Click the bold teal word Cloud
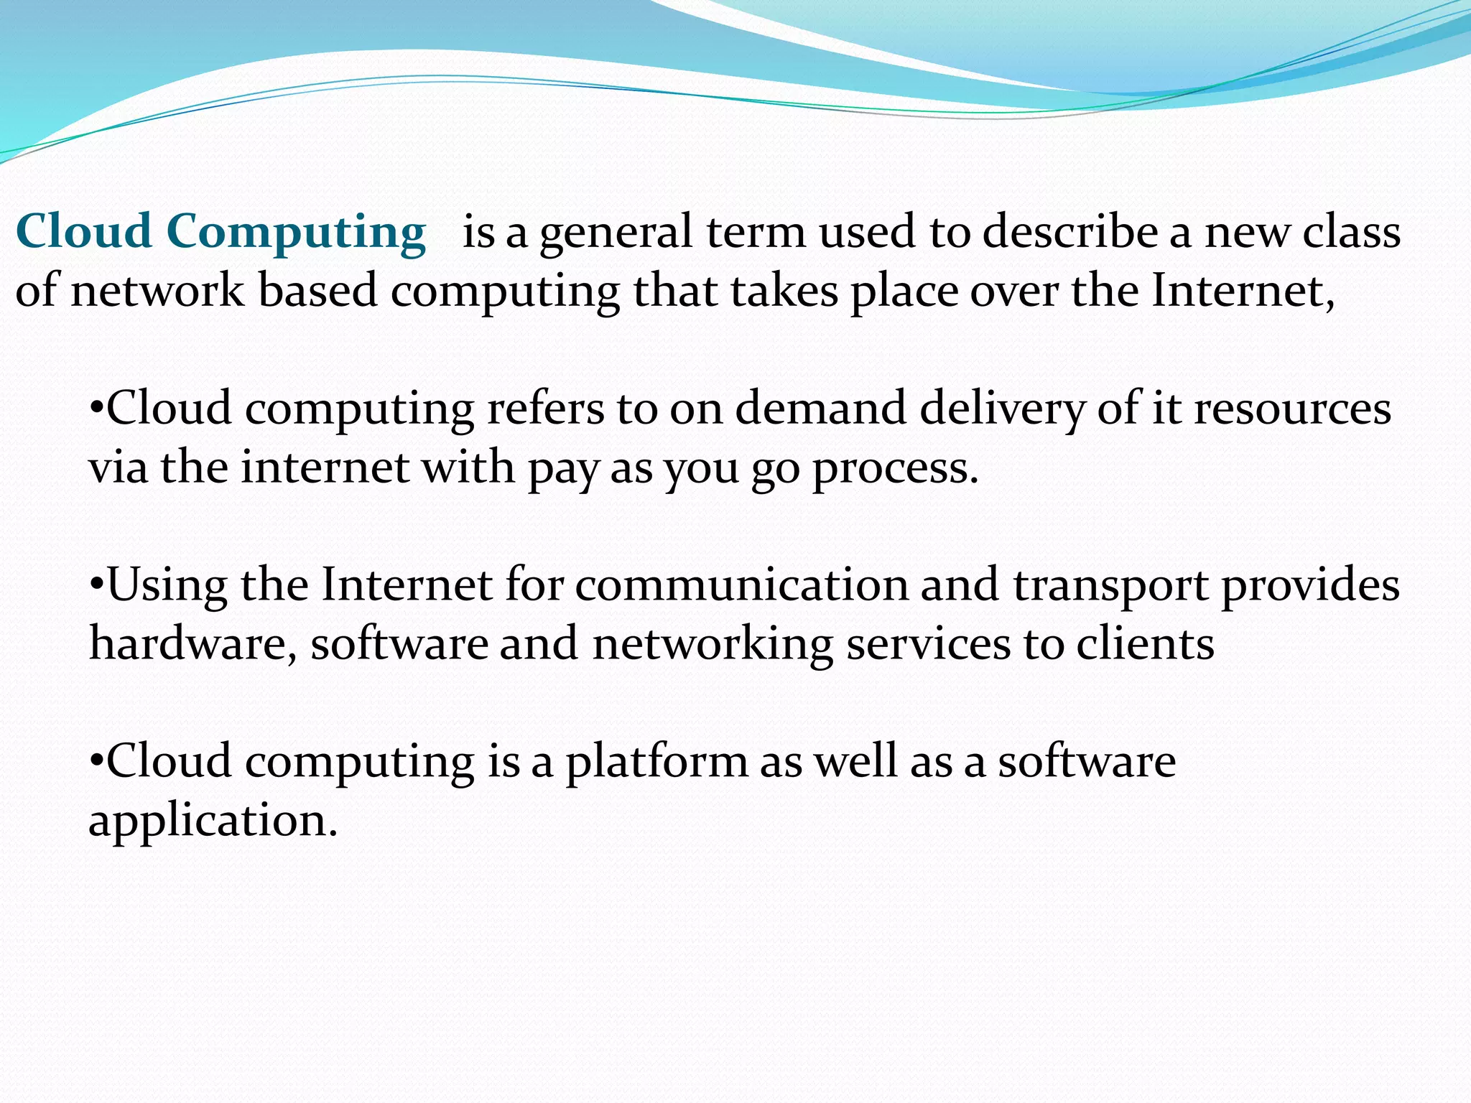tap(83, 231)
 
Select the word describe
tap(1070, 231)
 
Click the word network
tap(157, 291)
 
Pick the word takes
tap(784, 291)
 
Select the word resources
tap(1292, 408)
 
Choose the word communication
tap(741, 584)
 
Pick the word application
tap(212, 821)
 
